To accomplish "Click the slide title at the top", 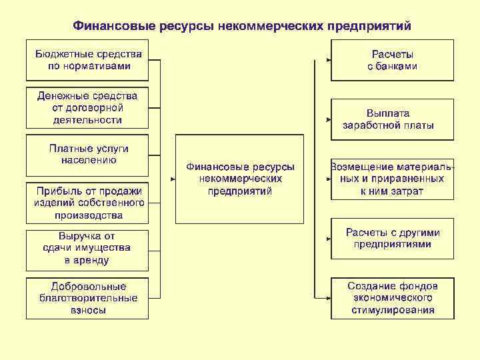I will tap(242, 25).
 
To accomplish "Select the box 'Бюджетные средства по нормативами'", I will tap(88, 60).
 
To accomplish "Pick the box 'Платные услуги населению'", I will tap(87, 155).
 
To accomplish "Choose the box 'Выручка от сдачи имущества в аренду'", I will tap(87, 250).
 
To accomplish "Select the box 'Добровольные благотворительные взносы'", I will tap(87, 298).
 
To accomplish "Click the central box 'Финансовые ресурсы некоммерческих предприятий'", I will tap(239, 179).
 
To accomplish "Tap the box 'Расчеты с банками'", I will tap(393, 60).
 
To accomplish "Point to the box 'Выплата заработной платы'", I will tap(393, 119).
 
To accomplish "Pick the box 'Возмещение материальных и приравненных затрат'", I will tap(393, 179).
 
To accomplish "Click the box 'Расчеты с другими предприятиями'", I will tap(393, 238).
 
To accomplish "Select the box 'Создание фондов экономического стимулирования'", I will tap(393, 298).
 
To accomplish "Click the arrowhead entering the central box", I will tap(172, 179).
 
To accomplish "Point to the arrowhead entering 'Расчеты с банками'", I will tap(328, 61).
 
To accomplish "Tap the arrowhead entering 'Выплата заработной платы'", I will tap(328, 120).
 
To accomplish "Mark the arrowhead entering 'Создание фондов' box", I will tap(328, 298).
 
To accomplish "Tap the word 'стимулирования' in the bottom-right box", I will tap(392, 310).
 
